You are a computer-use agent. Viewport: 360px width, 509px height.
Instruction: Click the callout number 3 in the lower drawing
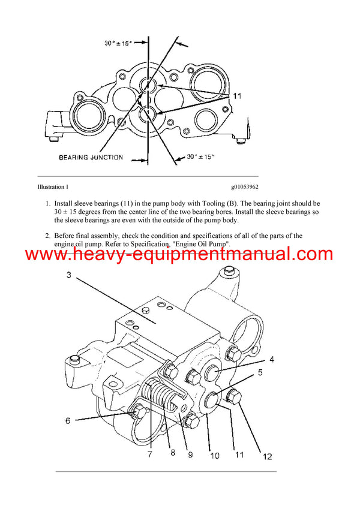[x=69, y=275]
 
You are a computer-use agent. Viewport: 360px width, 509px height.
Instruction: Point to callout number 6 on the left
[x=68, y=421]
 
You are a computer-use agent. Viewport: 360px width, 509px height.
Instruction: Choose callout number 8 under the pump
[x=173, y=453]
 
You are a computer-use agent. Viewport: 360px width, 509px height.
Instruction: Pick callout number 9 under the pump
[x=191, y=454]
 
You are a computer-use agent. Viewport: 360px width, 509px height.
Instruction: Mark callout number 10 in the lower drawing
[x=215, y=454]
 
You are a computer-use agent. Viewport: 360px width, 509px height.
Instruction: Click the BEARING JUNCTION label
[x=91, y=158]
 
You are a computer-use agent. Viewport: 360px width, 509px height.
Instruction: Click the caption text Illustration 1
[x=53, y=188]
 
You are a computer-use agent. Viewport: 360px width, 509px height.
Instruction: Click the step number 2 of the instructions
[x=47, y=236]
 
